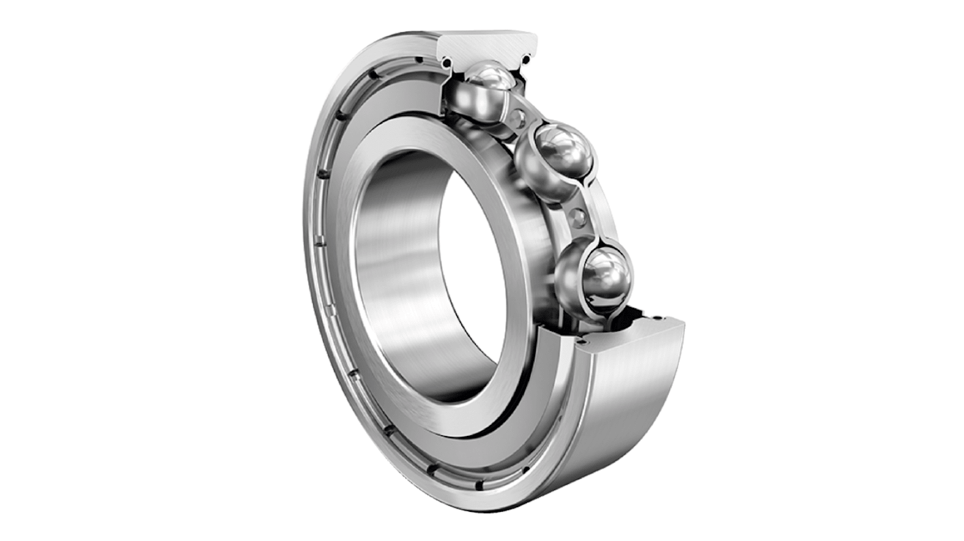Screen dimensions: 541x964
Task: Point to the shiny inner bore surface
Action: [x=401, y=271]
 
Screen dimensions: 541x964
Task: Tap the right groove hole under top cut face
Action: [x=527, y=64]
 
